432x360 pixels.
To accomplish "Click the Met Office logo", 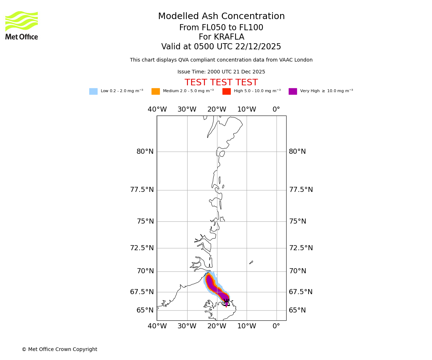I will pos(22,25).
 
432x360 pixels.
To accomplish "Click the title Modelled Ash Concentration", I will pos(221,17).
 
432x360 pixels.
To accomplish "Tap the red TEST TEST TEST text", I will pos(221,83).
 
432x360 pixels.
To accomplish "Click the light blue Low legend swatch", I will pos(93,91).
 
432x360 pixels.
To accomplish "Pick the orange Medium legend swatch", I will pos(156,91).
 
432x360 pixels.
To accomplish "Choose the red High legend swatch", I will pos(226,91).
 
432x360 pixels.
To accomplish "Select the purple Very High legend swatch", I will pos(293,91).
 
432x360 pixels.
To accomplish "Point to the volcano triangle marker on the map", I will pos(226,303).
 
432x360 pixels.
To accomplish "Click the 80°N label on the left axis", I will pos(145,152).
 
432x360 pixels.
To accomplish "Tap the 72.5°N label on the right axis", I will pos(301,248).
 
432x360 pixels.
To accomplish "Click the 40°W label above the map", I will pos(157,109).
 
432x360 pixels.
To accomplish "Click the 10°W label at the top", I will pos(247,109).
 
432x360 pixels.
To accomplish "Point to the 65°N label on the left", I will pos(145,310).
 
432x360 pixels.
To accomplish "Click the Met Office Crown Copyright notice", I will pos(59,350).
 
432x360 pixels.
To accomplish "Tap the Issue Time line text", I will pos(221,72).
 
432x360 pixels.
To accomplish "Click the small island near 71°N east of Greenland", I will pos(251,262).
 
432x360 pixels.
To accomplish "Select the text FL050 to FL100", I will pos(221,28).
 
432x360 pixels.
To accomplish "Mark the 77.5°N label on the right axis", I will pos(301,190).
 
